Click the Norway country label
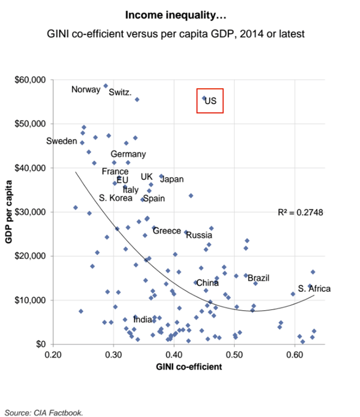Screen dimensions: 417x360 click(86, 89)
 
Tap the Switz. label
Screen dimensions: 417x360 click(120, 92)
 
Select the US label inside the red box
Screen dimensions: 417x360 click(211, 101)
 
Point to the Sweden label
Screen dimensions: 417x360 click(61, 141)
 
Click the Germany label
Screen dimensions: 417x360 click(128, 154)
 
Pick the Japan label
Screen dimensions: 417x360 click(171, 179)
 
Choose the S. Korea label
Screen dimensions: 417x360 click(115, 198)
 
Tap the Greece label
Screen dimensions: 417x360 click(167, 231)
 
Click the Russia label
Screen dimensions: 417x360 click(200, 235)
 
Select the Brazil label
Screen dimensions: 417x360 click(258, 278)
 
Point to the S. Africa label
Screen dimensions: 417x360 click(314, 288)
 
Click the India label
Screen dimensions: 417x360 click(143, 319)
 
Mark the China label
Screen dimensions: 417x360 click(207, 283)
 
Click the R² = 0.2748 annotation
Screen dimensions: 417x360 click(301, 212)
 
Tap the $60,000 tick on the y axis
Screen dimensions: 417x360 click(30, 80)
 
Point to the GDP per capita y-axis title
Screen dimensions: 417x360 click(10, 211)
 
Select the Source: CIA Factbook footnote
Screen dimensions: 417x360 click(44, 412)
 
